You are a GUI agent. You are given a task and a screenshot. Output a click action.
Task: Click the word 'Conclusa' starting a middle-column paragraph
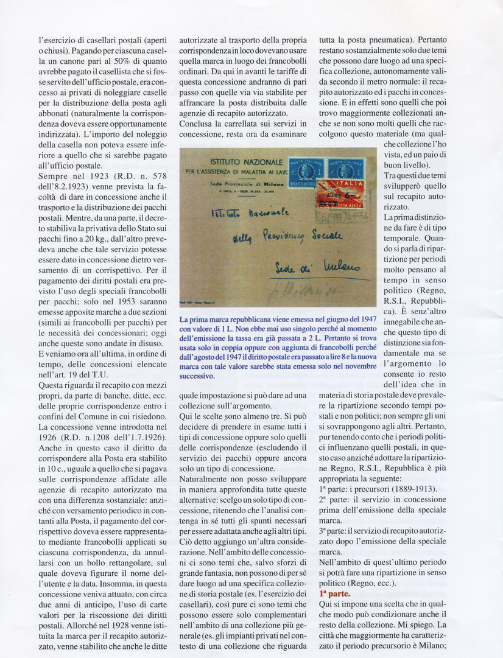(x=197, y=124)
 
